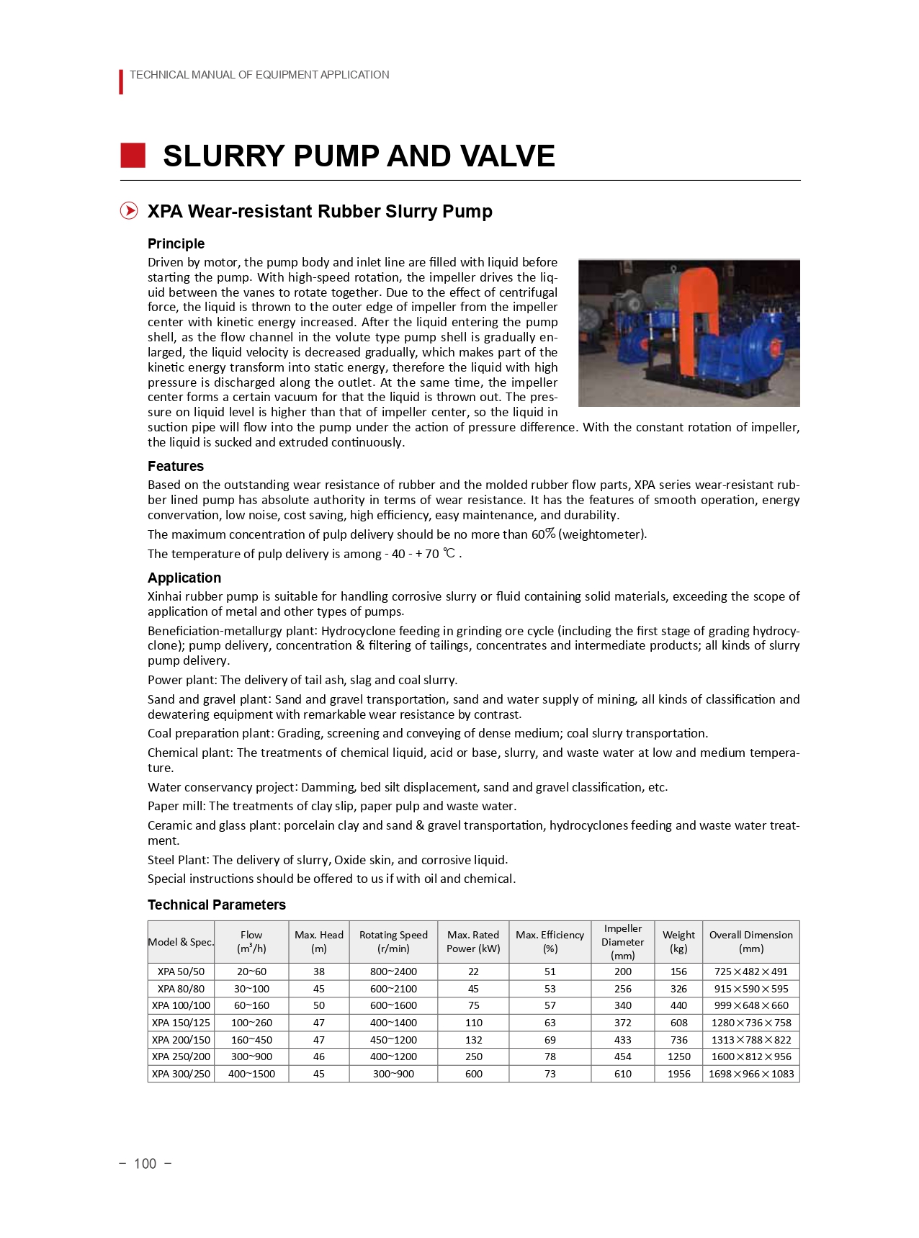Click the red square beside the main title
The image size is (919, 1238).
coord(133,156)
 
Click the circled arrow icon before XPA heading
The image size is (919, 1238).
coord(129,211)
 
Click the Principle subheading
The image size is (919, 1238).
coord(176,243)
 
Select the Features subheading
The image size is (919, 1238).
coord(175,466)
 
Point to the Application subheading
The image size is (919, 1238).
coord(184,578)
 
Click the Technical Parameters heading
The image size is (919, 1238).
coord(216,905)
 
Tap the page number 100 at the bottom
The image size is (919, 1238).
coord(145,1164)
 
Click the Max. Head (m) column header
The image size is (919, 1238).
coord(318,941)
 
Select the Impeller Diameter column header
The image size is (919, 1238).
coord(622,941)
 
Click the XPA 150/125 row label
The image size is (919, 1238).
coord(181,1023)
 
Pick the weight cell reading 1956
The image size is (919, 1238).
coord(678,1074)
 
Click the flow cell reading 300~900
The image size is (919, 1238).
coord(251,1057)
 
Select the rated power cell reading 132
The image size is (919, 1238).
coord(473,1040)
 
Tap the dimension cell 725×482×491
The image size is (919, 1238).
coord(750,972)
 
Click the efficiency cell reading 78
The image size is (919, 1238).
coord(550,1057)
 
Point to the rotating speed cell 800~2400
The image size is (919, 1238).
coord(393,972)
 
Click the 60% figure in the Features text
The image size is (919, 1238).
coord(543,534)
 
